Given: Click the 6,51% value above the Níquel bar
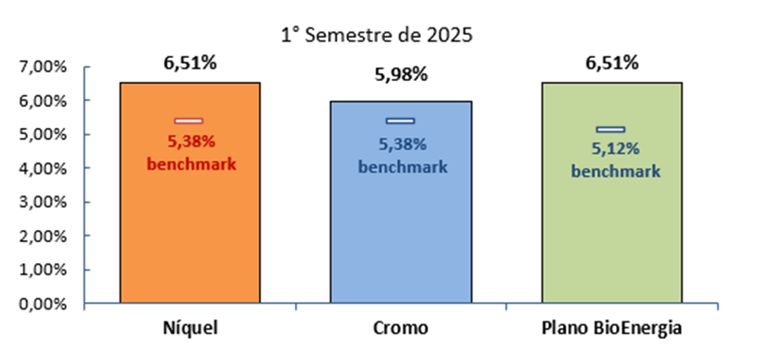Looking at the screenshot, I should [190, 64].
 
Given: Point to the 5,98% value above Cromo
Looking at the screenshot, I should [401, 75].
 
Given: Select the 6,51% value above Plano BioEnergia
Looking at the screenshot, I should [612, 64].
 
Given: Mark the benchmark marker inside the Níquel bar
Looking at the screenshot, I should [188, 121].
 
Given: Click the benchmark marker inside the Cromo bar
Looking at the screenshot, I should [401, 121].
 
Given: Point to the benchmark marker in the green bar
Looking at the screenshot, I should [611, 130].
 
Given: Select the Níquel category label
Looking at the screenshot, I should [190, 330].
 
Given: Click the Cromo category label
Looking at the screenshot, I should [401, 330].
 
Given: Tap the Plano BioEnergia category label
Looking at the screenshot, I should [612, 330].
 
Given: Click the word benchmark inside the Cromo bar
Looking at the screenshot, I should [403, 167].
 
